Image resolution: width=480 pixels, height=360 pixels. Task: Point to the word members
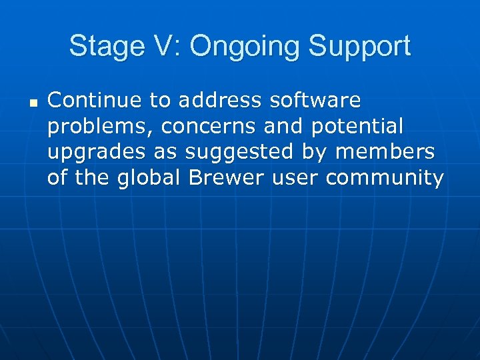[x=385, y=152]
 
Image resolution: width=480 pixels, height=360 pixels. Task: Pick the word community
[x=386, y=179]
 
